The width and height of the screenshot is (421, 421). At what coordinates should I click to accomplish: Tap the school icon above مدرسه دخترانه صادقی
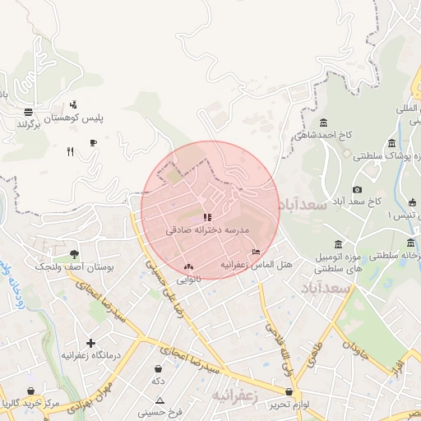coord(206,217)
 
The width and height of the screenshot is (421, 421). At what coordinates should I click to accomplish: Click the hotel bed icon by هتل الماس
coord(257,252)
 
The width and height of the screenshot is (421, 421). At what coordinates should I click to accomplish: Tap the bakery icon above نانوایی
coord(189,266)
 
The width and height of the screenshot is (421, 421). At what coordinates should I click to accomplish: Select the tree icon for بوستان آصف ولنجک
coord(75,254)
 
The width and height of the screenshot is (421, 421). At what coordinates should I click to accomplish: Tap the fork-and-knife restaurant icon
coord(71,151)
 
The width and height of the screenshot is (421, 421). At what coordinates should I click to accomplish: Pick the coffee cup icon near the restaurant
coord(93,142)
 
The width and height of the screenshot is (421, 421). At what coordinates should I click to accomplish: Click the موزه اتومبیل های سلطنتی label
coord(339,264)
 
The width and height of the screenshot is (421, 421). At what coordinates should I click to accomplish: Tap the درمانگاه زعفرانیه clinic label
coord(91,355)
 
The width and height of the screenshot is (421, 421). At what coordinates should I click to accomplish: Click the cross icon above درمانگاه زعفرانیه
coord(90,342)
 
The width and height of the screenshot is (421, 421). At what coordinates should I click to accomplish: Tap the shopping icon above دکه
coord(156,369)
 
